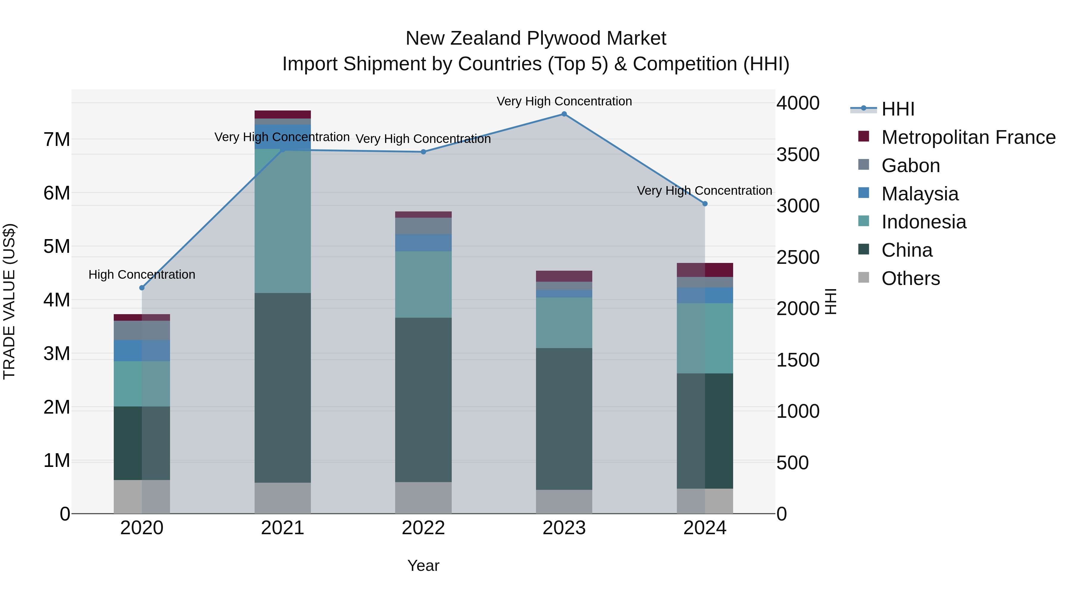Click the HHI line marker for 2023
tap(564, 114)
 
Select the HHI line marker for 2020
tap(142, 288)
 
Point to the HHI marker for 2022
tap(423, 152)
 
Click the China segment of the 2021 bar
tap(283, 387)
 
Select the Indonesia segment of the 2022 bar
tap(423, 284)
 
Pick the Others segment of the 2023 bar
tap(564, 501)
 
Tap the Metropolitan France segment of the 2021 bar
tap(283, 114)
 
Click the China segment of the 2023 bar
tap(564, 419)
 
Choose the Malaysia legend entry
tap(920, 194)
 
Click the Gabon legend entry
tap(911, 166)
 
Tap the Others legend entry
tap(911, 278)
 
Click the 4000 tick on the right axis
tap(798, 103)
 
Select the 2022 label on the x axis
tap(423, 528)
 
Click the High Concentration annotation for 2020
tap(142, 275)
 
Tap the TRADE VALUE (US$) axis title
tap(9, 301)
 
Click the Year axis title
tap(423, 565)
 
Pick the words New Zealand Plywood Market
tap(536, 38)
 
